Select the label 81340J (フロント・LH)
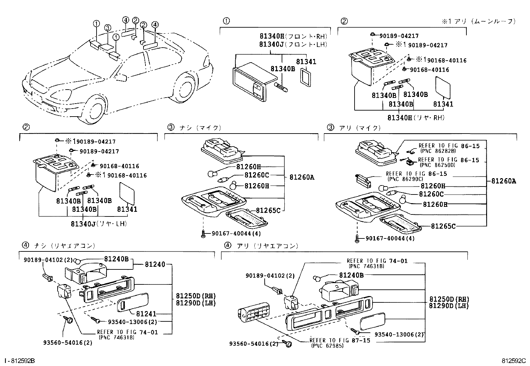pos(293,44)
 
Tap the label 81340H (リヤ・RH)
pos(416,118)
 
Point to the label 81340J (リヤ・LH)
pos(99,224)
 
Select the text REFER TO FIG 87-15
pos(340,340)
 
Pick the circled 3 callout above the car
pos(107,28)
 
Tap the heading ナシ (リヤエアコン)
pos(65,246)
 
